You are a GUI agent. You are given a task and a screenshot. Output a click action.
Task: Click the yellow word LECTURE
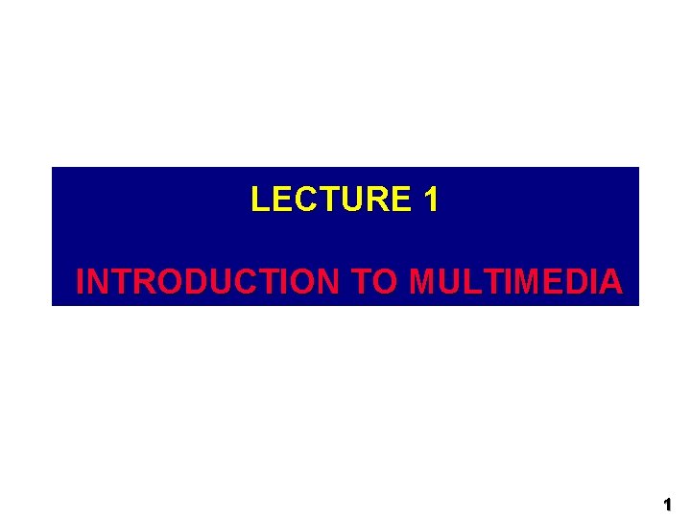click(x=330, y=200)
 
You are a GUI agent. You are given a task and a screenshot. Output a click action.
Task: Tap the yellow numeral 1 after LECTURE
click(x=431, y=200)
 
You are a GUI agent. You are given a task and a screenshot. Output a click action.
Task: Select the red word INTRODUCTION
click(x=207, y=282)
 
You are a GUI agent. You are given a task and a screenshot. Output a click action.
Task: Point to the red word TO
click(x=373, y=282)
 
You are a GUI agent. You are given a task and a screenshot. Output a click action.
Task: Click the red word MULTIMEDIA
click(x=515, y=282)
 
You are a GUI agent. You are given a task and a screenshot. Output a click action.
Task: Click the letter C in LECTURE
click(x=306, y=200)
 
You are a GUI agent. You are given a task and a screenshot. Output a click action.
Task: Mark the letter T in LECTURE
click(x=330, y=200)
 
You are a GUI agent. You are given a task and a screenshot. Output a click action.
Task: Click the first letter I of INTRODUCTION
click(x=80, y=282)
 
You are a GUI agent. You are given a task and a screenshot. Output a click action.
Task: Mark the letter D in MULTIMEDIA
click(x=574, y=282)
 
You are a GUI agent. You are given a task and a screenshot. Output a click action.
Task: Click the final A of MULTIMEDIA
click(x=610, y=282)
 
